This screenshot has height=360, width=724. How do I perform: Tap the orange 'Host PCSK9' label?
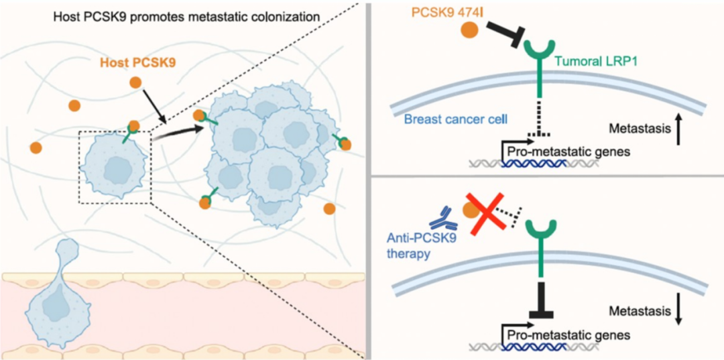pos(133,64)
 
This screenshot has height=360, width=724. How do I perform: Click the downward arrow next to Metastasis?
pos(679,310)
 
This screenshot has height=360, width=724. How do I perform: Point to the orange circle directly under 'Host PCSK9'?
pos(135,82)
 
